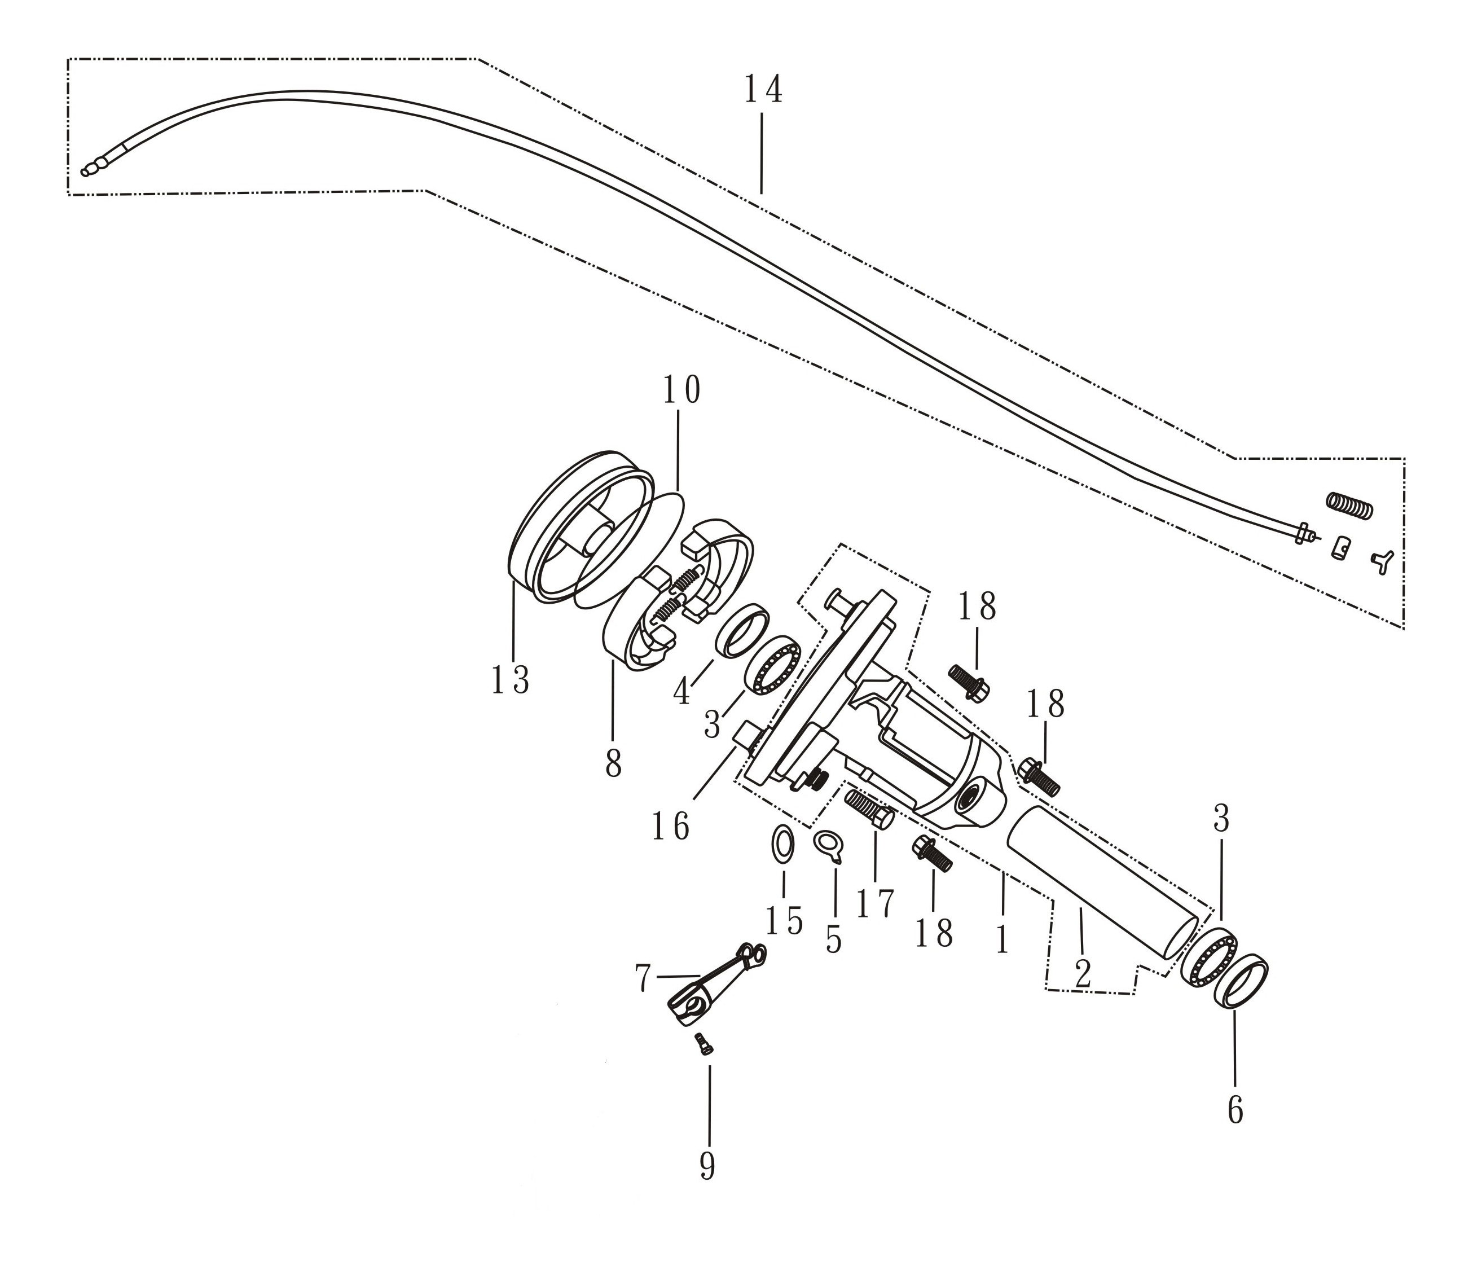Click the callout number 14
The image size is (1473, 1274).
coord(763,90)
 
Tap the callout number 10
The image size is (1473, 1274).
coord(681,390)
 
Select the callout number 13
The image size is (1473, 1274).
coord(510,680)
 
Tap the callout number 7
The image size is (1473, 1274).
coord(643,978)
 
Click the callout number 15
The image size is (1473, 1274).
coord(784,921)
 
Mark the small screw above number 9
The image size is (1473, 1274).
coord(704,1044)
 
